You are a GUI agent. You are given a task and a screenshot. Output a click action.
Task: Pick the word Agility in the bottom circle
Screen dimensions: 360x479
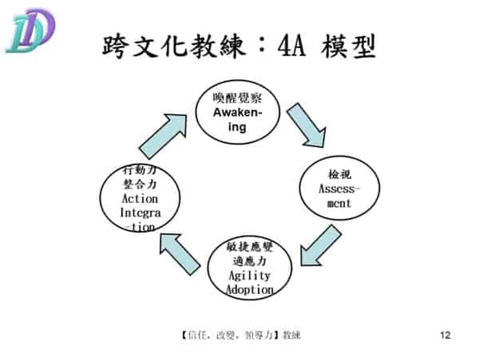pos(249,276)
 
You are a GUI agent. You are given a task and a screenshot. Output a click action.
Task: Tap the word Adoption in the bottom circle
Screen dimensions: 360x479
pos(250,290)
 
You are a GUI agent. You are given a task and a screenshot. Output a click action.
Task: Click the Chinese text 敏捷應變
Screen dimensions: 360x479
pos(250,248)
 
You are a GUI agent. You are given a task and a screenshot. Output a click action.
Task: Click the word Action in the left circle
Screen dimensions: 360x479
pos(140,199)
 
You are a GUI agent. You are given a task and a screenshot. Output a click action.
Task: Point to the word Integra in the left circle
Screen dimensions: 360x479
pos(140,212)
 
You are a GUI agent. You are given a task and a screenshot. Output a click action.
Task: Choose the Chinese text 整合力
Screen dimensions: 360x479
pos(140,185)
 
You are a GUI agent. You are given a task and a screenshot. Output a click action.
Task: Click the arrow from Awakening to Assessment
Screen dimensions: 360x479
pos(305,125)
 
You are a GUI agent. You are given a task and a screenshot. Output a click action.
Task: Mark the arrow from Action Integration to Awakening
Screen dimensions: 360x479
pos(163,135)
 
